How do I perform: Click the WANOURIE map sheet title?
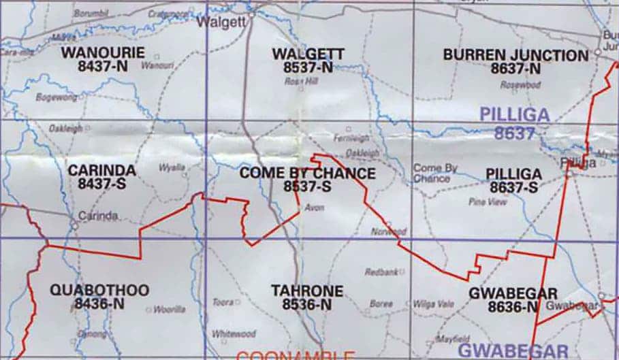tap(102, 52)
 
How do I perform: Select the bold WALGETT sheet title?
tap(308, 54)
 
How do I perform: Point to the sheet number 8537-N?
tap(308, 67)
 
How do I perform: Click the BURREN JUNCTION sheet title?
tap(515, 54)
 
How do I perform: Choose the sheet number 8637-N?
tap(515, 68)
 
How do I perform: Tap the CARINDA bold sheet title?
tap(102, 170)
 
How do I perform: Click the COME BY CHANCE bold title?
tap(307, 174)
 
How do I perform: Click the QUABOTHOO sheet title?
tap(99, 291)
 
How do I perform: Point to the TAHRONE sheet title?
tap(307, 291)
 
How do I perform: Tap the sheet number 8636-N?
tap(513, 306)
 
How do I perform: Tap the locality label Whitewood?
tap(234, 333)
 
